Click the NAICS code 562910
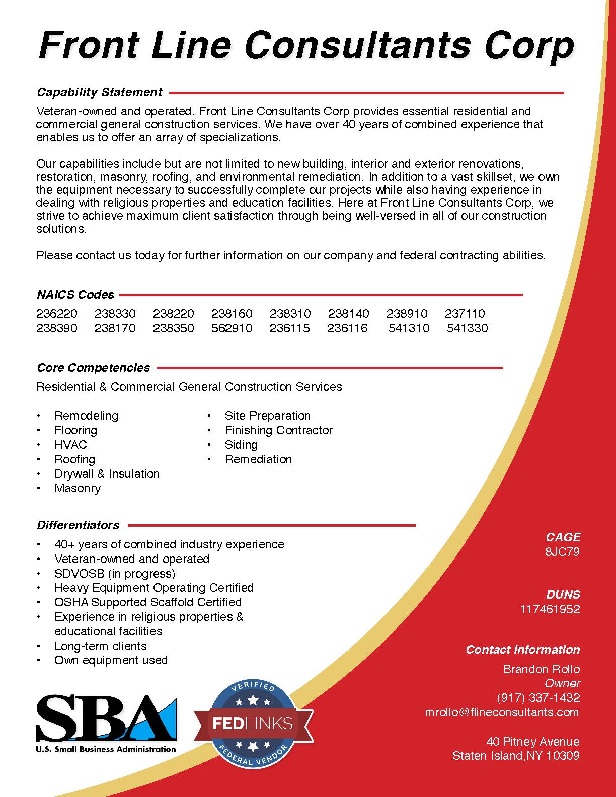(x=232, y=328)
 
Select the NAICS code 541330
(x=467, y=328)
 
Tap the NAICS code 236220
(x=57, y=314)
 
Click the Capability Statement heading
(x=100, y=92)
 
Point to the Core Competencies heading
(x=94, y=368)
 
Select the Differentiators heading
(x=78, y=525)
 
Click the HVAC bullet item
(x=70, y=445)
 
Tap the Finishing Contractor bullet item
(x=278, y=430)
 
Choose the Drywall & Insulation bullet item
(x=107, y=474)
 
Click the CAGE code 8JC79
(x=562, y=552)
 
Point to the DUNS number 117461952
(x=550, y=609)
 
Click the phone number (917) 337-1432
(x=538, y=698)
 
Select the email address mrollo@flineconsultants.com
(x=502, y=712)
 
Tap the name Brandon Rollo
(x=542, y=669)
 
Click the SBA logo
(x=106, y=723)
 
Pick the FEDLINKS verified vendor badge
(x=253, y=724)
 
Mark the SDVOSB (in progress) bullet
(x=115, y=574)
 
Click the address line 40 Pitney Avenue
(x=533, y=742)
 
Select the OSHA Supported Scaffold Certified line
(x=148, y=602)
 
